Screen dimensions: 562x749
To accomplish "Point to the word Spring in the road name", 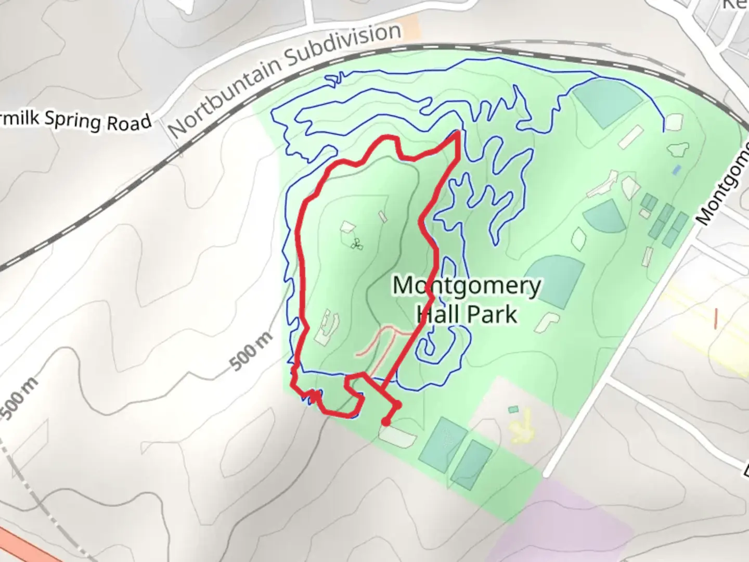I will (72, 120).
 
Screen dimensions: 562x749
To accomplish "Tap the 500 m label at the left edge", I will (19, 398).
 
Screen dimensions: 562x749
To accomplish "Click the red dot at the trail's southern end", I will (385, 422).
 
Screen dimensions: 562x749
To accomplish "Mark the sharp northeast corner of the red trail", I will (457, 134).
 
